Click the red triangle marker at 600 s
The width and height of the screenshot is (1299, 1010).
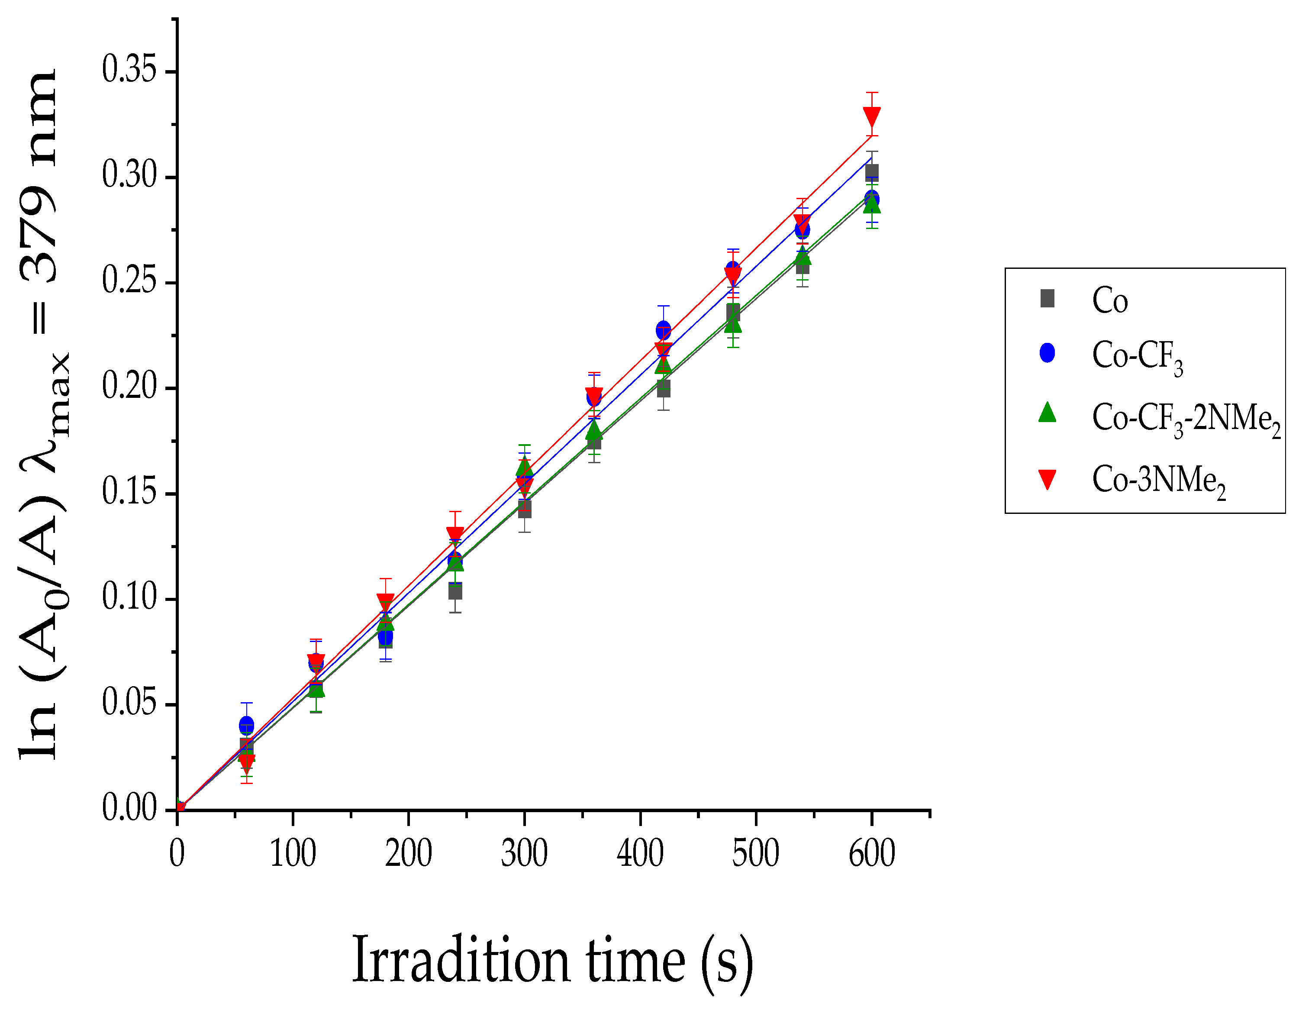(872, 116)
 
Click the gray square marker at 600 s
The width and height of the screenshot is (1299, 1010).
(872, 173)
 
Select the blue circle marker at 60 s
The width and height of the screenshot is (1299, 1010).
(246, 725)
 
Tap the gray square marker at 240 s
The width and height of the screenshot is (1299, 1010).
(455, 591)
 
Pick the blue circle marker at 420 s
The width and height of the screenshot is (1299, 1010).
(663, 330)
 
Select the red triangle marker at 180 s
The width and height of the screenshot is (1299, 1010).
(385, 601)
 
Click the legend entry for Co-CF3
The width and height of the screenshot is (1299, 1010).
(1137, 356)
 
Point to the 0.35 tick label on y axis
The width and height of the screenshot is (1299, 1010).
(129, 70)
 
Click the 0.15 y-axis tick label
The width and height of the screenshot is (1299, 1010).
(129, 493)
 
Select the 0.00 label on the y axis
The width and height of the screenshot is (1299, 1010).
(129, 809)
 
